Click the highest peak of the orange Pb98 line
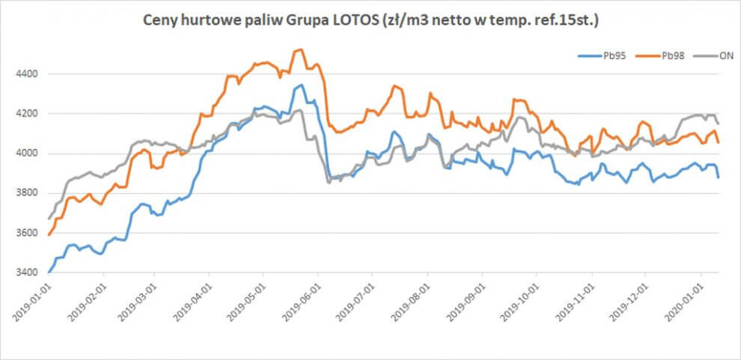click(x=300, y=49)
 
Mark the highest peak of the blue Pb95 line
click(x=300, y=85)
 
